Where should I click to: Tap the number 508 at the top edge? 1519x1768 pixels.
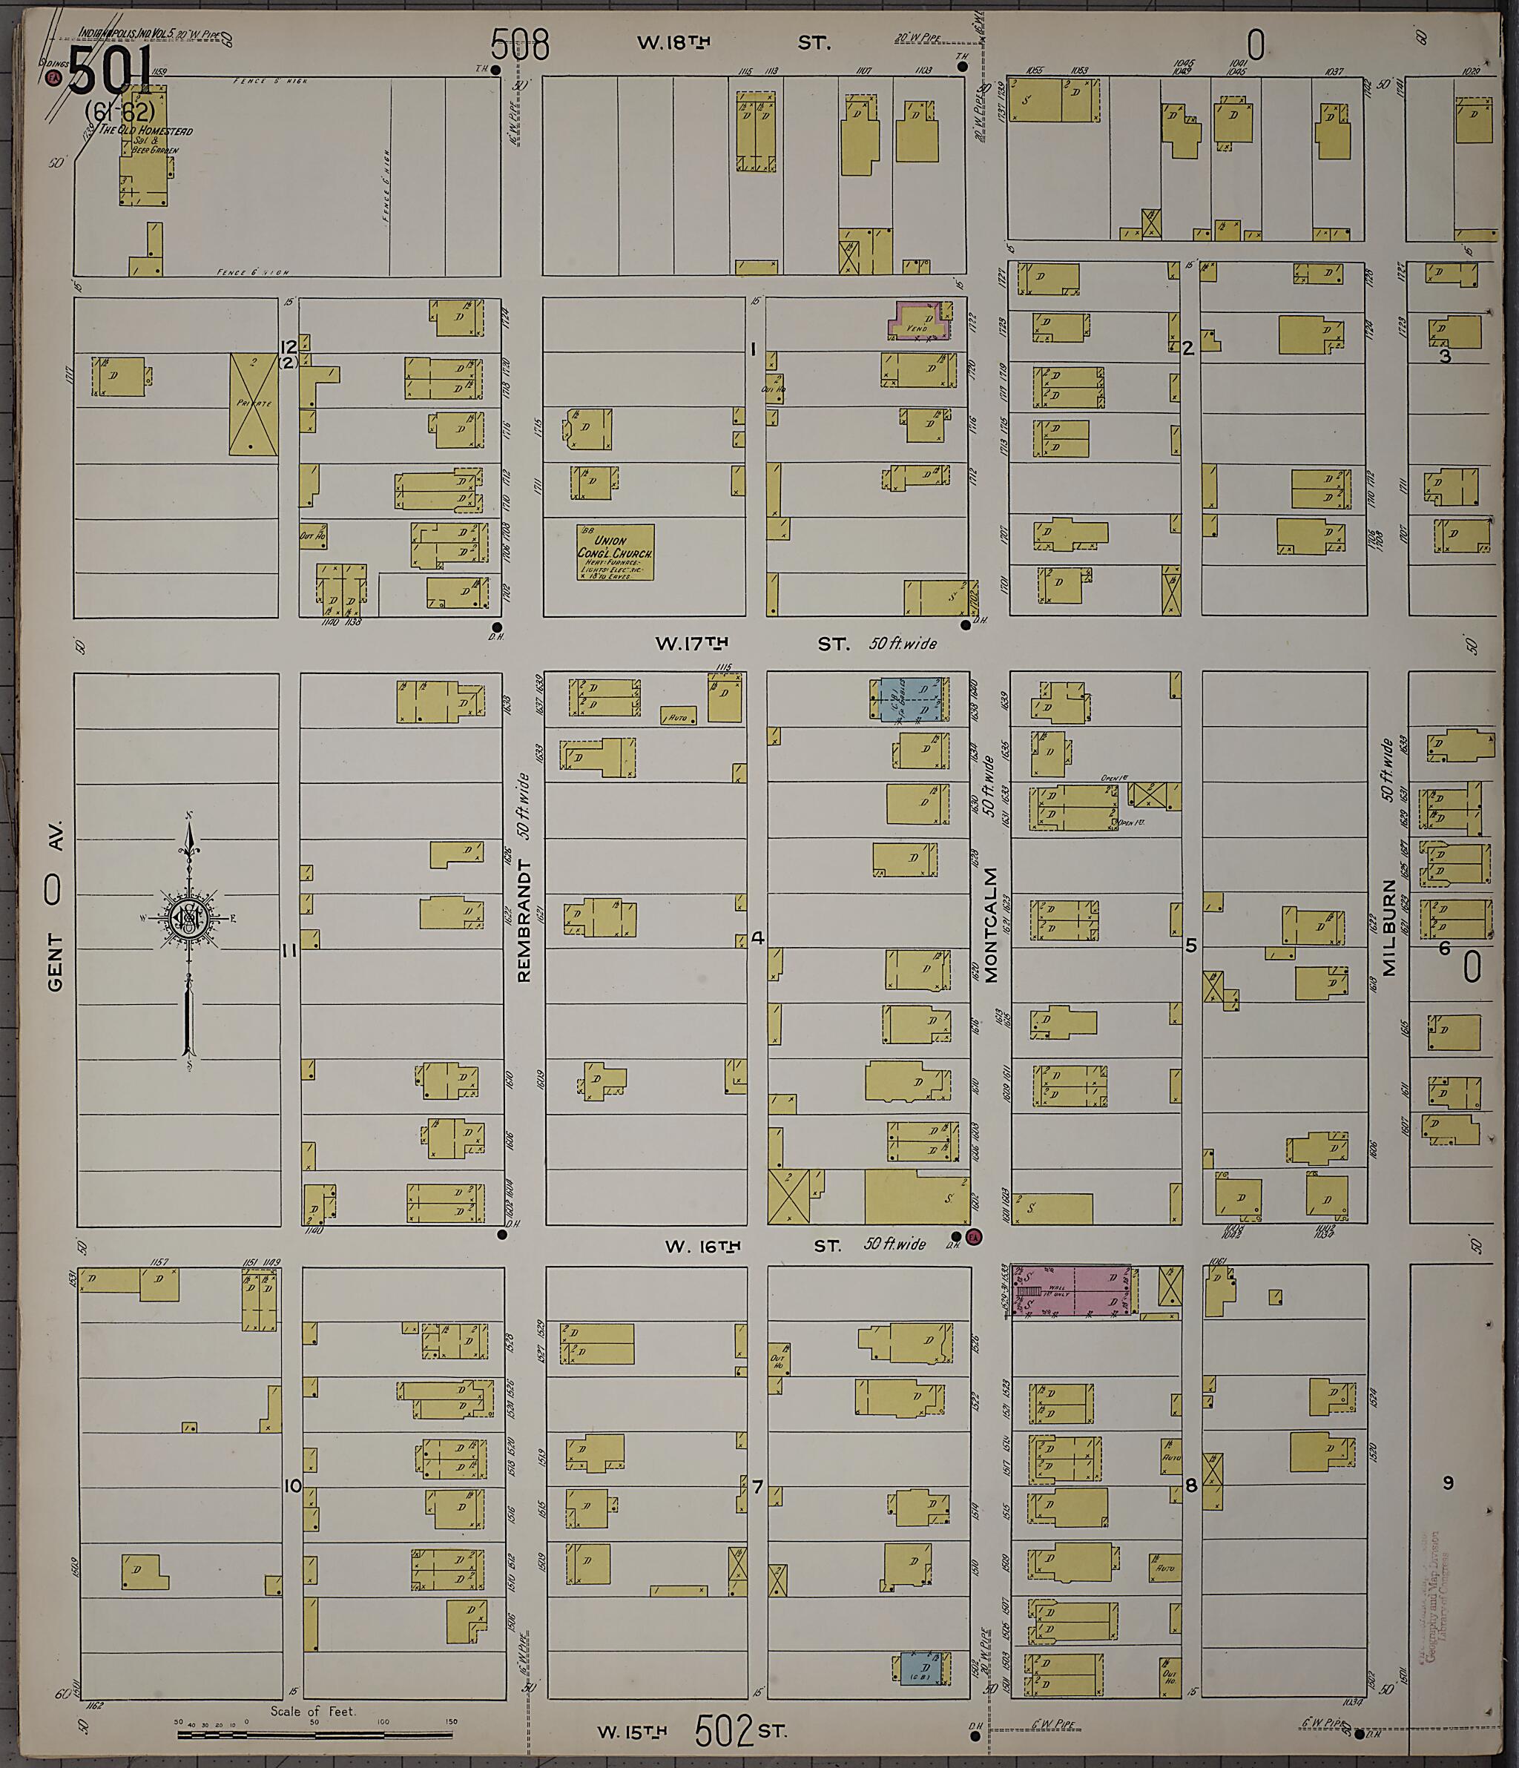520,44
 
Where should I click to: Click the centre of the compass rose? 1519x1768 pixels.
188,918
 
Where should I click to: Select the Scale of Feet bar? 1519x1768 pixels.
315,1734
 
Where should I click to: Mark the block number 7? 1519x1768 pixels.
756,1487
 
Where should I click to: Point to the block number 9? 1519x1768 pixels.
1447,1483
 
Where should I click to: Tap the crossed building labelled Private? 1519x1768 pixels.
254,403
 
